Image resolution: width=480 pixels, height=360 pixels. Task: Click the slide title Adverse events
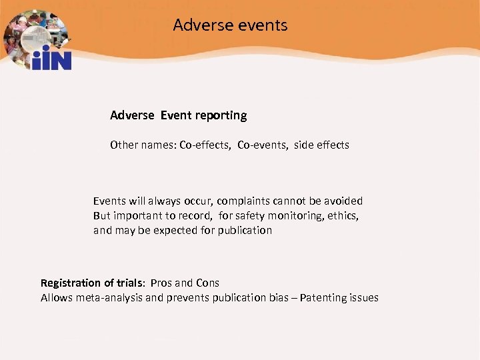[x=230, y=25]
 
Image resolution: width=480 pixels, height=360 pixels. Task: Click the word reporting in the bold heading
[x=221, y=115]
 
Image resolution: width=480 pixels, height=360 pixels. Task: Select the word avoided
[x=343, y=201]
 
